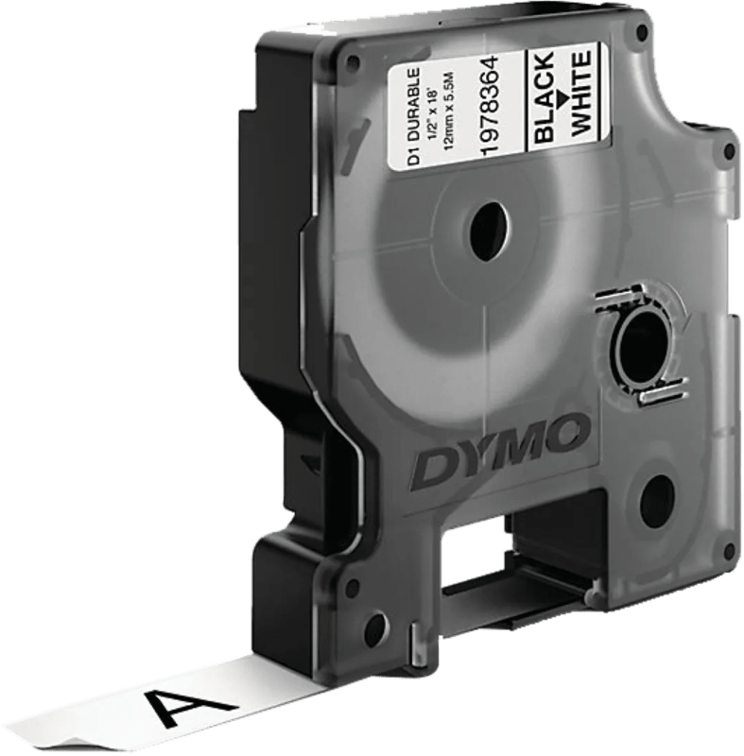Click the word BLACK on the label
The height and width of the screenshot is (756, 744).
[544, 98]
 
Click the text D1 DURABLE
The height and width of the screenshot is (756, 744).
[415, 117]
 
